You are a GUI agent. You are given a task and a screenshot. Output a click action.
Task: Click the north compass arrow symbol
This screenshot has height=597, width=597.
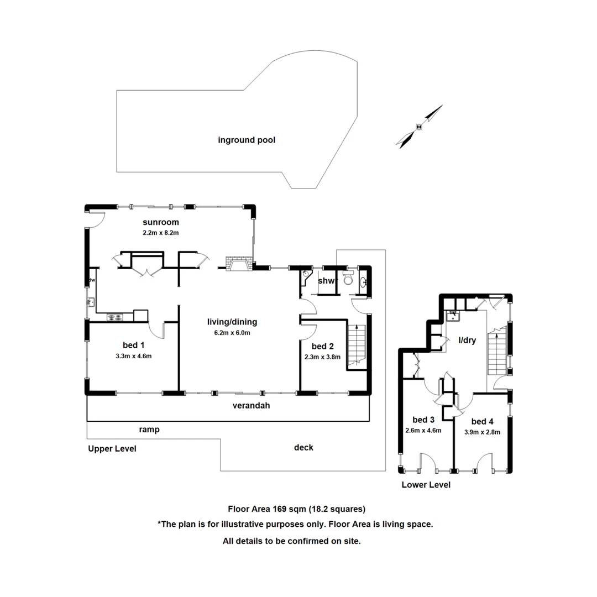(420, 127)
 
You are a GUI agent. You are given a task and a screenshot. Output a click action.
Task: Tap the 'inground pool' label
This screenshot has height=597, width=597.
(247, 140)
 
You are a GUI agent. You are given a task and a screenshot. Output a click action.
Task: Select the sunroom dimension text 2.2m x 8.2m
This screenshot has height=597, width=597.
(160, 233)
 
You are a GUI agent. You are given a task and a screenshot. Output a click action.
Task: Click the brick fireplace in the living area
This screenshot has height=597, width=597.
(238, 264)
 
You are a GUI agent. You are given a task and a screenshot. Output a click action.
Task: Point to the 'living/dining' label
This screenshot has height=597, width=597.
(232, 322)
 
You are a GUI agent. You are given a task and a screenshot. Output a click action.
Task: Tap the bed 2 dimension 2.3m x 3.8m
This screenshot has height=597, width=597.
(323, 357)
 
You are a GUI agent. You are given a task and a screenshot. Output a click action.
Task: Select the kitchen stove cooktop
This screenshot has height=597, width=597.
(116, 317)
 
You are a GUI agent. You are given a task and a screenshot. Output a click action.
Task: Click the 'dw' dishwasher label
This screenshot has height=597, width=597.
(92, 280)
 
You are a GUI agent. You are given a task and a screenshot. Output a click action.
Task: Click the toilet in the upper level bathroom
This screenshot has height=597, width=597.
(347, 279)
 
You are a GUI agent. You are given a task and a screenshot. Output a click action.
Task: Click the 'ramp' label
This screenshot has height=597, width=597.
(149, 429)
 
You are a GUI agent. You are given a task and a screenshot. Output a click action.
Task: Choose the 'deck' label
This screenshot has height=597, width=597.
(303, 447)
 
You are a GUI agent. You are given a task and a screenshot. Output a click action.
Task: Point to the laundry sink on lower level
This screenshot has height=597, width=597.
(453, 315)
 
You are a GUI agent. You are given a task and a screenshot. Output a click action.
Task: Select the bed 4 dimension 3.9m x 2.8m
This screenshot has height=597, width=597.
(482, 432)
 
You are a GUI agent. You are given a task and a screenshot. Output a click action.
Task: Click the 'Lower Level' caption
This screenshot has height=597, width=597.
(426, 485)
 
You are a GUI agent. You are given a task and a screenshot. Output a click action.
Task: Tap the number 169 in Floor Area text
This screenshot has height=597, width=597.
(273, 509)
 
